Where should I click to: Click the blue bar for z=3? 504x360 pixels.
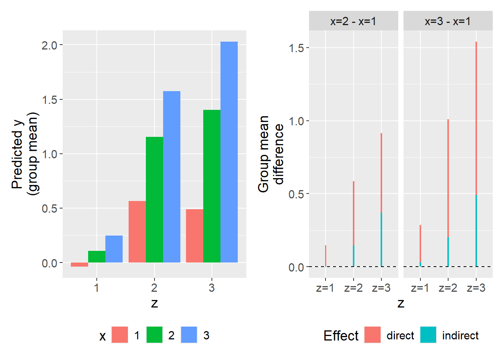point(229,152)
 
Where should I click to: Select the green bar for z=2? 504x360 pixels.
point(154,199)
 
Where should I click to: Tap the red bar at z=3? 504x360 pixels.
point(195,235)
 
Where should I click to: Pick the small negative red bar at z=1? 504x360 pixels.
point(79,264)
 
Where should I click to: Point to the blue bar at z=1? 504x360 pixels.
point(114,249)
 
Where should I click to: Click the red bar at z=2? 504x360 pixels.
point(137,231)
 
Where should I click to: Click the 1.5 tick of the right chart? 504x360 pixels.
point(296,48)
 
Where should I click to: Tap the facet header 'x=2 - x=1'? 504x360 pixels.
point(353,21)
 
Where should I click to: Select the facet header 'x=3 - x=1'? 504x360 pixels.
point(448,21)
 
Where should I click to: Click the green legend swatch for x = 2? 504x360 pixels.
point(154,335)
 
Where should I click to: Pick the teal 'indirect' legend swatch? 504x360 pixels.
point(428,335)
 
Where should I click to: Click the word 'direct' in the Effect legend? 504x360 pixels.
point(400,336)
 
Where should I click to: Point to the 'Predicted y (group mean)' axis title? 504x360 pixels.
point(25,154)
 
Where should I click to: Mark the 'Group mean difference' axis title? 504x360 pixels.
point(270,154)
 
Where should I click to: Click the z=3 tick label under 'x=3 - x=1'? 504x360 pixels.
point(476,288)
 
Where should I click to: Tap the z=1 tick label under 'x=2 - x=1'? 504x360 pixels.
point(325,288)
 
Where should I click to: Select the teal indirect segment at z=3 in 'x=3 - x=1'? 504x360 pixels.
point(476,231)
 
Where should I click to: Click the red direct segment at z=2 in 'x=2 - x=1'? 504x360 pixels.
point(353,213)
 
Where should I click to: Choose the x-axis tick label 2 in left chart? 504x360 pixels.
point(154,288)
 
